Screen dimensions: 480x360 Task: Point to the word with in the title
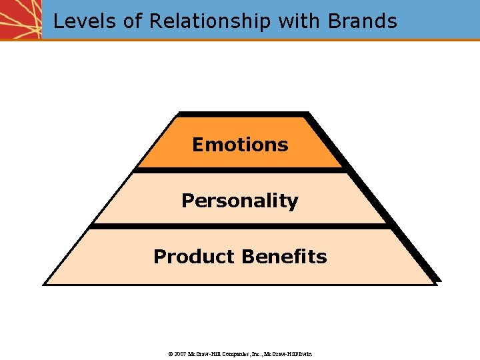[x=299, y=21]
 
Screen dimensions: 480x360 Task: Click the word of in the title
[x=133, y=21]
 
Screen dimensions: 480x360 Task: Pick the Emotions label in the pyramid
[x=240, y=145]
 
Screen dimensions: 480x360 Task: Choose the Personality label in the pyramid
[x=240, y=201]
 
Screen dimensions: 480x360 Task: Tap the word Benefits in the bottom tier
[x=285, y=257]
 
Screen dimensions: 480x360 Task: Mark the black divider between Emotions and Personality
[x=240, y=171]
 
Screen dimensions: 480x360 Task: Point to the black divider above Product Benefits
[x=240, y=227]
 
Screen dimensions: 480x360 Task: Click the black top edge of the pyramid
[x=243, y=114]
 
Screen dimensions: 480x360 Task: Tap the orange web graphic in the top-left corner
[x=21, y=19]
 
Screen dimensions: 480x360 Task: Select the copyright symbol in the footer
[x=170, y=353]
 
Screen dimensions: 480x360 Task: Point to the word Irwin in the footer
[x=303, y=353]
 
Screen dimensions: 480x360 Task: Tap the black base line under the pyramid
[x=240, y=284]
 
